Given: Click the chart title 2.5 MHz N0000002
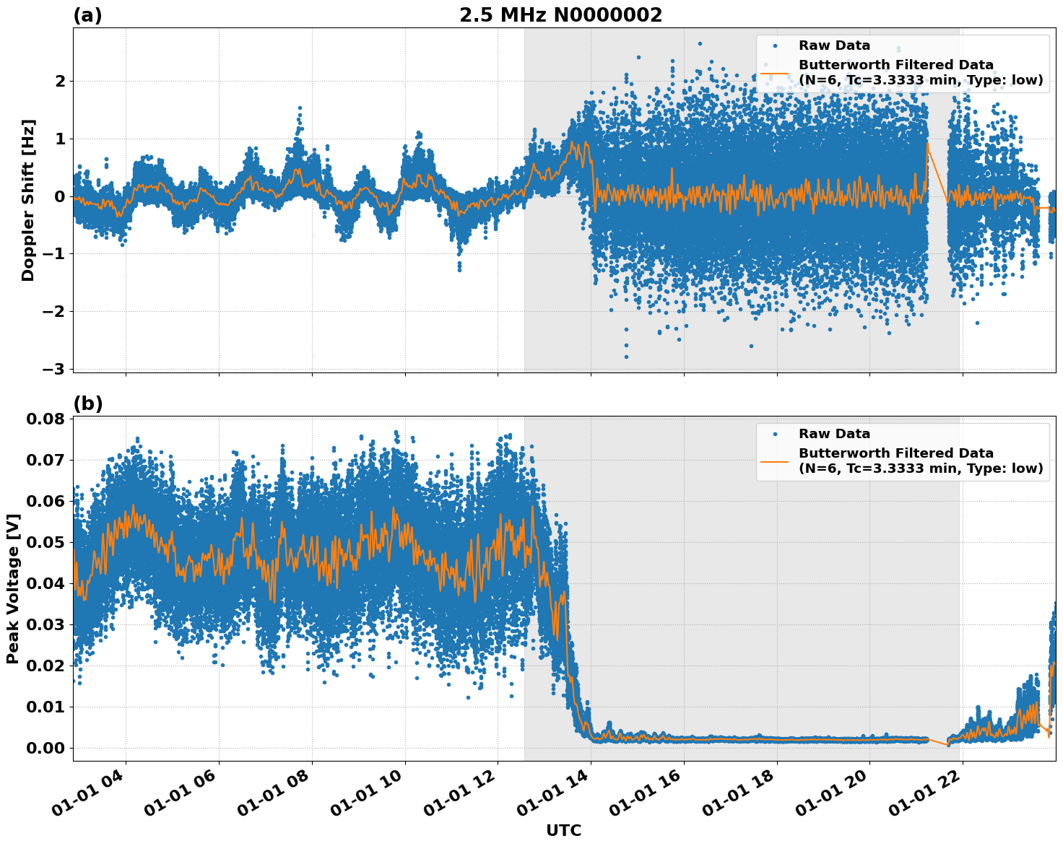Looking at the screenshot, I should pyautogui.click(x=560, y=15).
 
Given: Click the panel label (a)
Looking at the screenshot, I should pyautogui.click(x=87, y=15).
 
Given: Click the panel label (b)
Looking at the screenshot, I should pyautogui.click(x=87, y=404).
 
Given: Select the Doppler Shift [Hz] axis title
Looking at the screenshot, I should pyautogui.click(x=28, y=200).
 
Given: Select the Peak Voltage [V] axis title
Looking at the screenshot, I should pyautogui.click(x=12, y=588).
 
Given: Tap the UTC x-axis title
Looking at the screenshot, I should pyautogui.click(x=563, y=830).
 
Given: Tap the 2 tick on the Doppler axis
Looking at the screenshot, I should pyautogui.click(x=60, y=81).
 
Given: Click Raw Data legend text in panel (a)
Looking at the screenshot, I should pyautogui.click(x=834, y=45).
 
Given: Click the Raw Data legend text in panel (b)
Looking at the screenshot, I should pyautogui.click(x=834, y=434).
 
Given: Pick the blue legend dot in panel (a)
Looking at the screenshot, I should pyautogui.click(x=775, y=45).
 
